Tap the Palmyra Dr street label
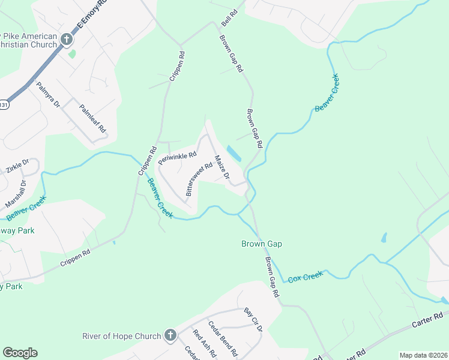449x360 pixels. [x=49, y=95]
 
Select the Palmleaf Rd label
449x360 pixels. [x=93, y=119]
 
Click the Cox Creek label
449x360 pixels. [x=306, y=277]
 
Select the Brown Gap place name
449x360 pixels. [x=262, y=244]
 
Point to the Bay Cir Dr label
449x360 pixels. [x=253, y=320]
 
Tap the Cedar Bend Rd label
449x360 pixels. [x=223, y=338]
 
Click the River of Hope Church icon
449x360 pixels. [x=170, y=336]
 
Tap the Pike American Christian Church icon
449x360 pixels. [x=66, y=40]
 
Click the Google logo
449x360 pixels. [x=20, y=353]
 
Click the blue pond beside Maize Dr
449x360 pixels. [x=234, y=154]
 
